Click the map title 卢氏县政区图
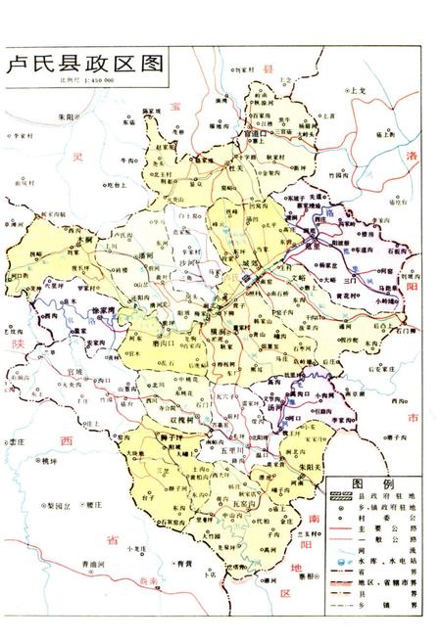click(x=83, y=64)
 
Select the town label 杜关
click(x=234, y=167)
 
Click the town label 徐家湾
click(x=103, y=311)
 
